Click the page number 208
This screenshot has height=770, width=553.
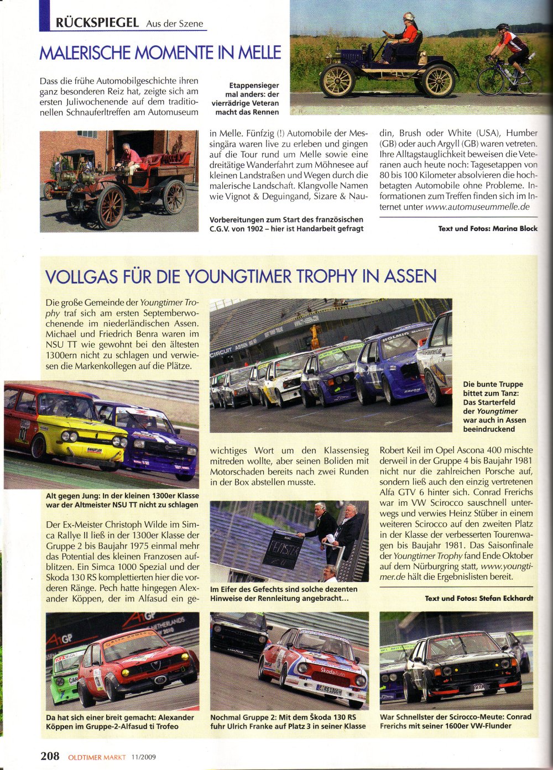tap(49, 756)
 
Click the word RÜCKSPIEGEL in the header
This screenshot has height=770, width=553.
tap(97, 23)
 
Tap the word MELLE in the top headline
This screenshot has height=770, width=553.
tap(259, 53)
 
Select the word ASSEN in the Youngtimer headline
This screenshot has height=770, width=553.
tap(409, 276)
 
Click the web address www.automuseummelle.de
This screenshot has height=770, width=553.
tap(477, 207)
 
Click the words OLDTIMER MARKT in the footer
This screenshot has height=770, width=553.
tap(97, 757)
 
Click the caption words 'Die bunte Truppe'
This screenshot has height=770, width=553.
tap(493, 384)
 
